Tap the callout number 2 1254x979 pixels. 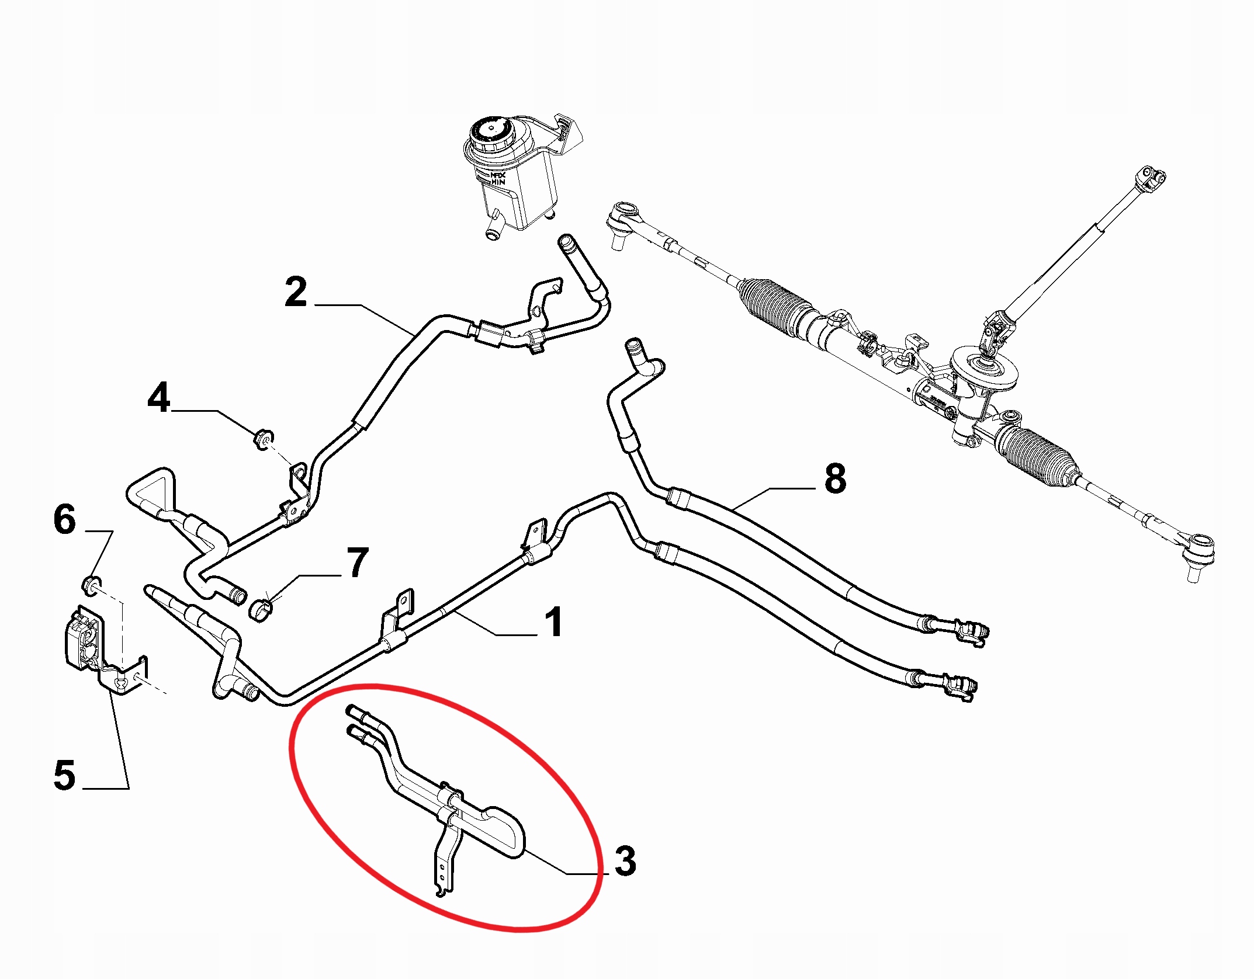point(296,293)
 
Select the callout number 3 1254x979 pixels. point(625,861)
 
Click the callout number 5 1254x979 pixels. point(64,776)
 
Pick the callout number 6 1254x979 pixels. point(64,519)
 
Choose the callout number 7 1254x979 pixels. point(357,563)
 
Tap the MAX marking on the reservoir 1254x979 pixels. point(496,175)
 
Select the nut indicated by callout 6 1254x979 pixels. point(92,584)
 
